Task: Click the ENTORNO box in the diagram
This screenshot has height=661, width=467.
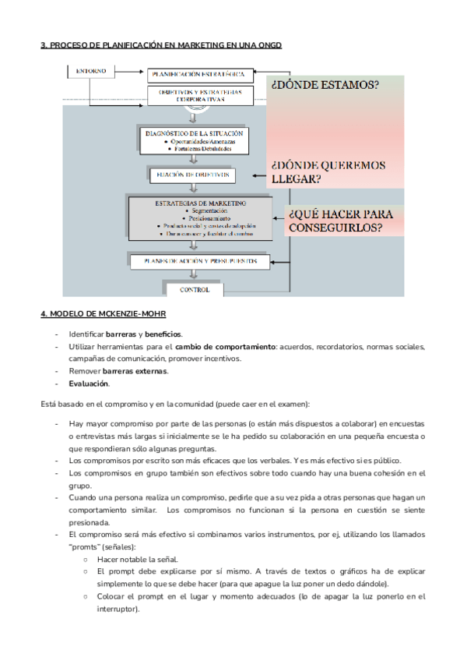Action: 92,72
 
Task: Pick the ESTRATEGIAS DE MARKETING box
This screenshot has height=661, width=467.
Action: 200,217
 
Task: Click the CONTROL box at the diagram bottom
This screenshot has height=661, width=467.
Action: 195,289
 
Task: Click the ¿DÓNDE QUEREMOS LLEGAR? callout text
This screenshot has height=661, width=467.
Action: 327,171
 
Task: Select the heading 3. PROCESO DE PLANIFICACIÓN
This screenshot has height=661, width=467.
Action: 161,46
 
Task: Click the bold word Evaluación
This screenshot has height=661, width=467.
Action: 89,384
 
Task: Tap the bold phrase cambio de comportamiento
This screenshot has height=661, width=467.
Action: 224,346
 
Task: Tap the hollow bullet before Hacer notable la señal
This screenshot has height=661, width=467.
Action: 86,559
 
